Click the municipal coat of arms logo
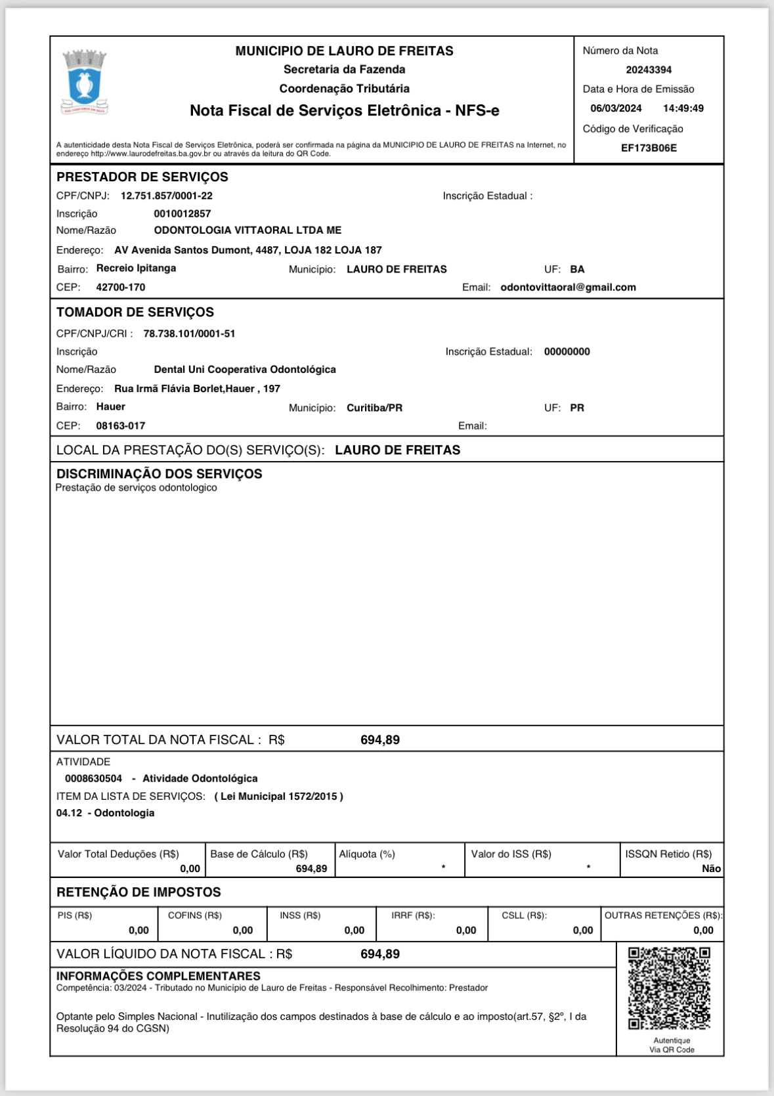tap(84, 82)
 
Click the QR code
tap(669, 988)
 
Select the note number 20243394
tap(649, 70)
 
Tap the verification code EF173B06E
tap(649, 148)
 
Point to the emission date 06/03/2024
tap(616, 108)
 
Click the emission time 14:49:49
tap(683, 108)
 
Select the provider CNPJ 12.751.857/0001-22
tap(167, 196)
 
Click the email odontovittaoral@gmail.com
tap(568, 287)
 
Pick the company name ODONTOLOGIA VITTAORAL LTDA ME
tap(247, 230)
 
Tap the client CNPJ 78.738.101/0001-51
tap(189, 334)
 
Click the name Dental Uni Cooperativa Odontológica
tap(245, 370)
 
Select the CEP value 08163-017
tap(121, 426)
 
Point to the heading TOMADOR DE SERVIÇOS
tap(135, 313)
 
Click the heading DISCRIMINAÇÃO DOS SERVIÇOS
tap(159, 474)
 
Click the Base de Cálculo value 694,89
tap(311, 869)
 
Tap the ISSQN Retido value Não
tap(711, 869)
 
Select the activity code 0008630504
tap(93, 779)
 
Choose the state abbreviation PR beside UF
tap(577, 408)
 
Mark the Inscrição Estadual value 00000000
tap(567, 352)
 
